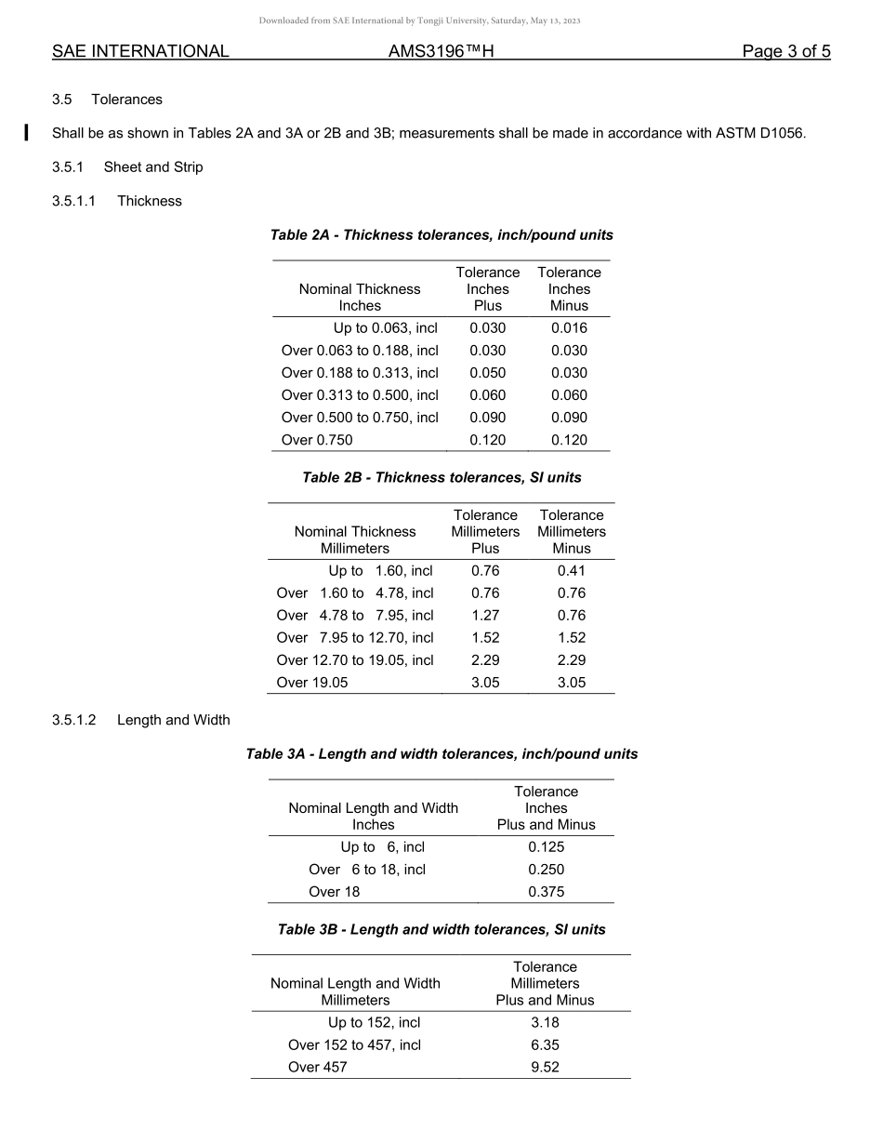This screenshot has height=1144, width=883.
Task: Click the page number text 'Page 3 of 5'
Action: pos(785,52)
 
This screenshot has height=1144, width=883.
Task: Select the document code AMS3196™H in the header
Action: pos(441,52)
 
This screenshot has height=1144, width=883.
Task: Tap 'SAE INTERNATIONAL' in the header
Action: pos(140,52)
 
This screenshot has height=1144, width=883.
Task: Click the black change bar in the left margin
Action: pos(27,132)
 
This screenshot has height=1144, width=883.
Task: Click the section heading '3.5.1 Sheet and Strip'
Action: pos(127,167)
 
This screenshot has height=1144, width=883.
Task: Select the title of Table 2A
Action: pos(441,235)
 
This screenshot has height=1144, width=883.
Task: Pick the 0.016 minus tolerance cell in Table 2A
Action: pos(569,328)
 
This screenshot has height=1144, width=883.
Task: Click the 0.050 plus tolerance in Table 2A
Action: pos(487,373)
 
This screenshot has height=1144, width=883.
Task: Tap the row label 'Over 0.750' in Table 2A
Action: pos(317,440)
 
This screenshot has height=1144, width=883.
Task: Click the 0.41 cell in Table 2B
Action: pos(571,571)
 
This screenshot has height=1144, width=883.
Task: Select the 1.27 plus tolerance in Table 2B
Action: pos(485,616)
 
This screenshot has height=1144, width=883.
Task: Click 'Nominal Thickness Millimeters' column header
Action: pos(355,540)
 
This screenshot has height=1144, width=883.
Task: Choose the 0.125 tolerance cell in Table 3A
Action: pos(546,847)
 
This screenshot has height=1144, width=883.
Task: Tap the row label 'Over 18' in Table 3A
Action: pos(334,892)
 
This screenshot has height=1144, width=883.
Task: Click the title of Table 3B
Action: pos(441,930)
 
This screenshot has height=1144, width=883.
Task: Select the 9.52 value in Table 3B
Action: pos(545,1068)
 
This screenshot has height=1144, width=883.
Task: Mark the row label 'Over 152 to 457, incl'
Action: pos(354,1045)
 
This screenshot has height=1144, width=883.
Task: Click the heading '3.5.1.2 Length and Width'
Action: pos(141,721)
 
